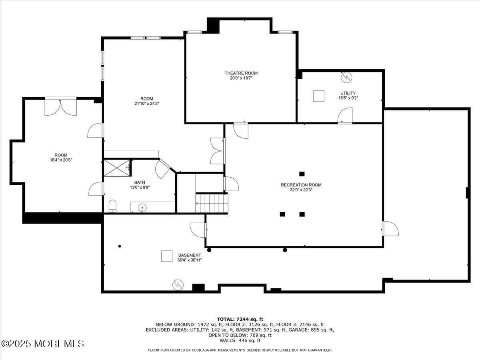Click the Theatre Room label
point(241,73)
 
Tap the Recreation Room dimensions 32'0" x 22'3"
point(301,190)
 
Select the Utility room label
point(348,93)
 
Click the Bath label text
point(140,182)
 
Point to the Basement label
point(190,255)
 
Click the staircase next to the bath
point(212,203)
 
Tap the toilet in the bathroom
point(112,206)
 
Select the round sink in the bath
point(142,208)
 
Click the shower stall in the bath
point(117,168)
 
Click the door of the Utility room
point(345,116)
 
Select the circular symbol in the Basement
point(178,285)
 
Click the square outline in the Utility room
point(318,96)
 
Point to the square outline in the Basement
point(167,256)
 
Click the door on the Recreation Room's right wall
point(390,228)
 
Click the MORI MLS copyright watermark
point(42,344)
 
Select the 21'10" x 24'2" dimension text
point(146,104)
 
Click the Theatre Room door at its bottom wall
point(241,130)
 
